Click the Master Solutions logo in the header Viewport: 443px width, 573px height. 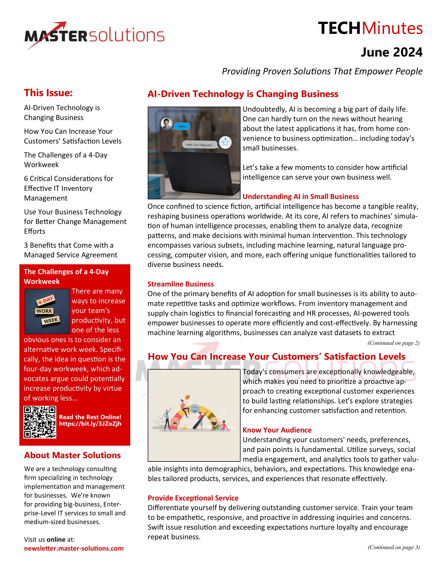tap(95, 35)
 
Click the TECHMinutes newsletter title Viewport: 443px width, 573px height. tap(370, 28)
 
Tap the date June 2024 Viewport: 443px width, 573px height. tap(391, 52)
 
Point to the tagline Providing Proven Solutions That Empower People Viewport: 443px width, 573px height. tap(322, 71)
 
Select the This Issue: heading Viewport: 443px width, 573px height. tap(48, 93)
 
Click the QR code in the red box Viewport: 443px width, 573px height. tap(40, 422)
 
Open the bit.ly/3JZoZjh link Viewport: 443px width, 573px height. tap(90, 424)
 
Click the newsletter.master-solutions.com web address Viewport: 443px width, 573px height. tap(74, 548)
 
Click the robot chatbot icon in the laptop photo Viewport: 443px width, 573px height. tap(225, 142)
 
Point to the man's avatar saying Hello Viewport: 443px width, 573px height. tap(167, 123)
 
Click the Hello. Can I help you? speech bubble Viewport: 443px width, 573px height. tap(199, 145)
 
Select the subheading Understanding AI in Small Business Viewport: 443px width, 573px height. tap(300, 196)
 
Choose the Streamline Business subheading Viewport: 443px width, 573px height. tap(181, 284)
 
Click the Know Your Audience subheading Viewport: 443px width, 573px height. tap(277, 430)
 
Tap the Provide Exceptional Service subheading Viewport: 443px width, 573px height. tap(193, 498)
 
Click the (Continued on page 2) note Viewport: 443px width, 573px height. tap(393, 343)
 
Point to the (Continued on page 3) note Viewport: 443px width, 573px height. tap(393, 547)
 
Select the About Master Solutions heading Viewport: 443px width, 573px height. tap(72, 455)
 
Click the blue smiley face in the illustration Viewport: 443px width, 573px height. tap(194, 408)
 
